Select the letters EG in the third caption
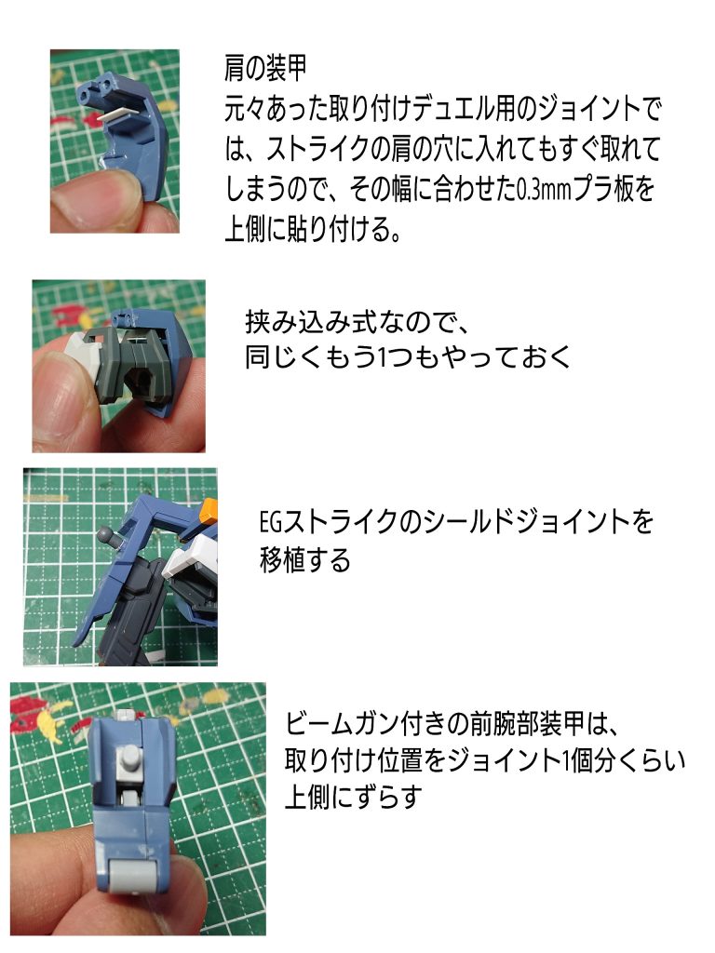[273, 522]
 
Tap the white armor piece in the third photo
[186, 567]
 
